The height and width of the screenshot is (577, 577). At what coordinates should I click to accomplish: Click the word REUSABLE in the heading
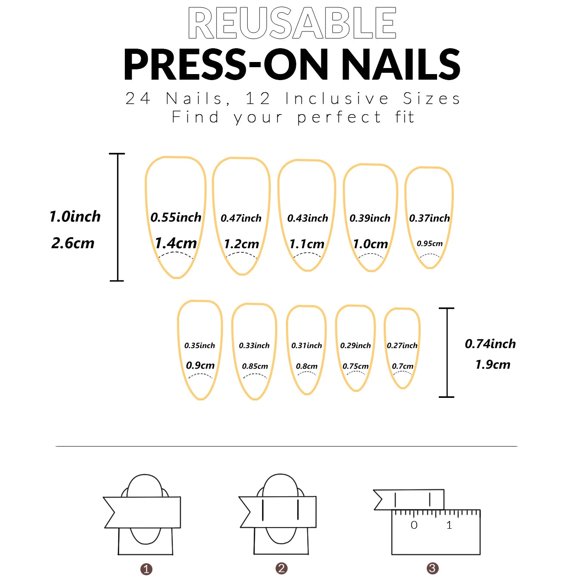click(x=292, y=23)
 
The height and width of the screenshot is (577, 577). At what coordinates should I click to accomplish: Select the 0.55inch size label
click(x=176, y=217)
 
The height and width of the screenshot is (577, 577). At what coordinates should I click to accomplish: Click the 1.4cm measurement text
click(x=176, y=243)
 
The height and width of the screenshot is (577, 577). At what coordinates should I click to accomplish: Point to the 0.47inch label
click(x=241, y=218)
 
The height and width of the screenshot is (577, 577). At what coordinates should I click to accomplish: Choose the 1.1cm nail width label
click(x=307, y=244)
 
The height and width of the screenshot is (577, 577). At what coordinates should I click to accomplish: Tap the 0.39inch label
click(x=370, y=218)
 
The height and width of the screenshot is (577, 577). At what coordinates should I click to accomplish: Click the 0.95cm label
click(x=429, y=243)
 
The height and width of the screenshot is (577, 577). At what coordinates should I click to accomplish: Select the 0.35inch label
click(x=199, y=345)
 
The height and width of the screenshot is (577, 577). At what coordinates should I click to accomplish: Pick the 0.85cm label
click(x=255, y=366)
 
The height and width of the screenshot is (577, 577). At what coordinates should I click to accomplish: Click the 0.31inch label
click(x=307, y=345)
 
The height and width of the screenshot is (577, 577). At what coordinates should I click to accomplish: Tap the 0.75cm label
click(x=356, y=366)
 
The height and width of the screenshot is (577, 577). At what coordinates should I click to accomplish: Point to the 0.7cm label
click(x=403, y=366)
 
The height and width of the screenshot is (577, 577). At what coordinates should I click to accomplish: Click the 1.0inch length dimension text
click(x=75, y=216)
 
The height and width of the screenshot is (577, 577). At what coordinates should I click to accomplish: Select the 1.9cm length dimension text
click(x=493, y=365)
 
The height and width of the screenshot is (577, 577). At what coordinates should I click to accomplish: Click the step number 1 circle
click(x=146, y=569)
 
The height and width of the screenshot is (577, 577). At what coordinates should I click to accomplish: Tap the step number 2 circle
click(x=282, y=568)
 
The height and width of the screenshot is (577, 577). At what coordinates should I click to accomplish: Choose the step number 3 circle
click(x=433, y=568)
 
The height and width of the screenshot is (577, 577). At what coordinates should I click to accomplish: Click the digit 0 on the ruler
click(x=414, y=525)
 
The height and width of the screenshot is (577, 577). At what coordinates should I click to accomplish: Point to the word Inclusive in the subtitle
click(x=337, y=99)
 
